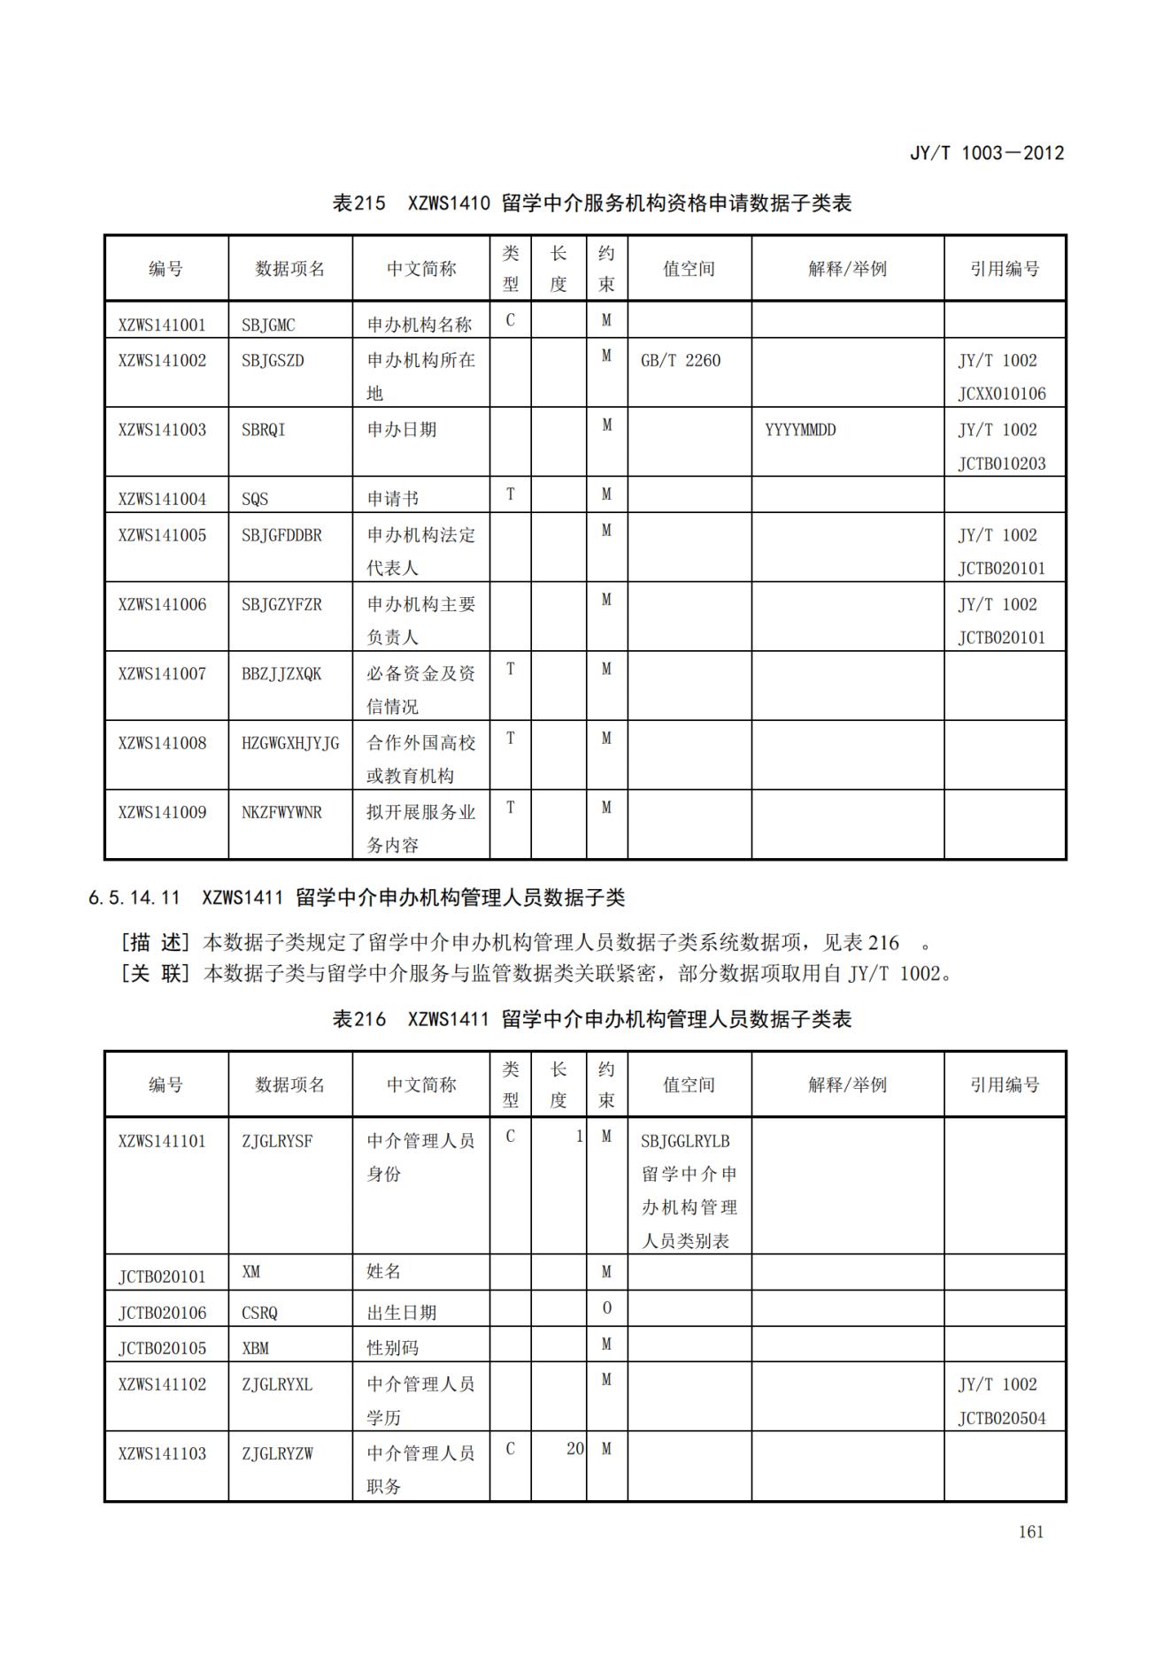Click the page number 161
pos(1030,1532)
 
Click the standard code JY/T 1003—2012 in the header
pos(986,153)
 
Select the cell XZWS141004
pos(162,499)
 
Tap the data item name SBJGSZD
pos(273,361)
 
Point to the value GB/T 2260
pos(680,361)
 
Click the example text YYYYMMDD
pos(800,431)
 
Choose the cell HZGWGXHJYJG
pos(290,743)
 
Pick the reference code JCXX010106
pos(1001,394)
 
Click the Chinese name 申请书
pos(393,499)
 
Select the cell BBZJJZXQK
pos(281,674)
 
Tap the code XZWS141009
pos(162,812)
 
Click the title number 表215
pos(358,203)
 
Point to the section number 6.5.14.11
pos(134,898)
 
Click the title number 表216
pos(358,1019)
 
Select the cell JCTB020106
pos(162,1313)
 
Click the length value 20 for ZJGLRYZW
pos(574,1449)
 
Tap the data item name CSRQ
pos(259,1313)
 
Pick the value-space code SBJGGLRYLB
pos(685,1141)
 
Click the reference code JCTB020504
pos(1001,1419)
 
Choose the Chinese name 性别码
pos(393,1348)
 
